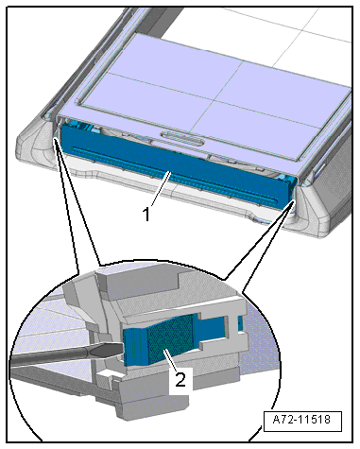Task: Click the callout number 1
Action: pyautogui.click(x=146, y=215)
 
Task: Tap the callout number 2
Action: pyautogui.click(x=180, y=379)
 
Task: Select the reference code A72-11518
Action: pyautogui.click(x=301, y=420)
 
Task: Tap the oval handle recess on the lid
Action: pyautogui.click(x=182, y=138)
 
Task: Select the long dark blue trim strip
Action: pyautogui.click(x=177, y=164)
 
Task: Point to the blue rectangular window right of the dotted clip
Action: pyautogui.click(x=212, y=330)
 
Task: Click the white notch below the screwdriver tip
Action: pyautogui.click(x=107, y=375)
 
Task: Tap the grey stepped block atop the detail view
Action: pyautogui.click(x=142, y=281)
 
